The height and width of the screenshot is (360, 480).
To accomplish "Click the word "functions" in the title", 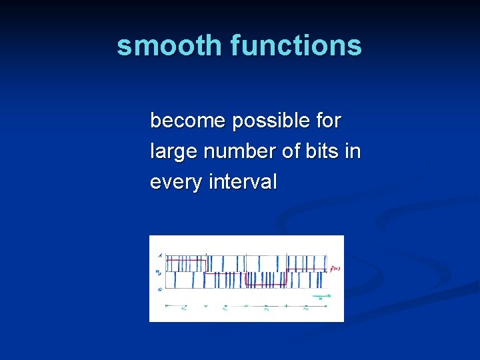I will click(296, 45).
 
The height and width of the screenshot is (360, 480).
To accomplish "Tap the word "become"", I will click(187, 121).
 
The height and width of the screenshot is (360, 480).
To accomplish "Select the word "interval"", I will click(242, 181).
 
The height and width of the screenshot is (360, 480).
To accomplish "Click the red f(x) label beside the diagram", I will click(335, 269).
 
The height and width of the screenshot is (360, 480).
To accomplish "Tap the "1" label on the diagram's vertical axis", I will click(159, 255).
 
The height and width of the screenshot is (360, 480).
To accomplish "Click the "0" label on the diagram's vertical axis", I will click(159, 289).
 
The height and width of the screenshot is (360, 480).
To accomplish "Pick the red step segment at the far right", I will click(307, 269).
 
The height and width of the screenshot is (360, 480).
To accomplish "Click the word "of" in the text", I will click(291, 151).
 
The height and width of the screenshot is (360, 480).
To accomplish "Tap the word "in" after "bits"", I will click(353, 151).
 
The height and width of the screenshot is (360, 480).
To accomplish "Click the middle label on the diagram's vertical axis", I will click(159, 272).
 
